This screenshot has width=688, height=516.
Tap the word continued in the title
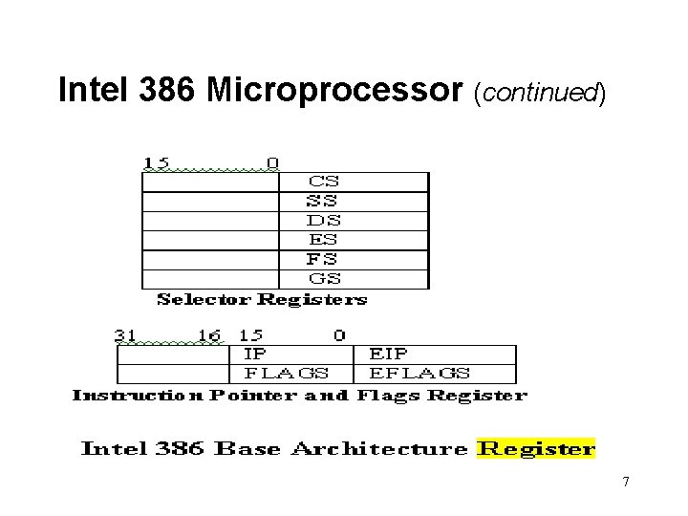[539, 93]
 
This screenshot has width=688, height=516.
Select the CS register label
[323, 181]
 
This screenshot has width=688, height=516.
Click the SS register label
[321, 201]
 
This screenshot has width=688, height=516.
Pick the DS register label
[323, 220]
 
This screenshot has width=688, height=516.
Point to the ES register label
[323, 239]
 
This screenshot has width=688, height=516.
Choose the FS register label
[321, 259]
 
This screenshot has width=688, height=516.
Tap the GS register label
[324, 279]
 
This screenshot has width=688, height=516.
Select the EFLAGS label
[419, 374]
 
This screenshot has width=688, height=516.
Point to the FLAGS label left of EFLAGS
[287, 374]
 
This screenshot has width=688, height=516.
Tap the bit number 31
[125, 334]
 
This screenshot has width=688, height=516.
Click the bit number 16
[209, 334]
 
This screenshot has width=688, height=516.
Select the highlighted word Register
[536, 448]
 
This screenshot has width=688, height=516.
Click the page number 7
[626, 482]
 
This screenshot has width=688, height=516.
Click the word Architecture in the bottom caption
[379, 448]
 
